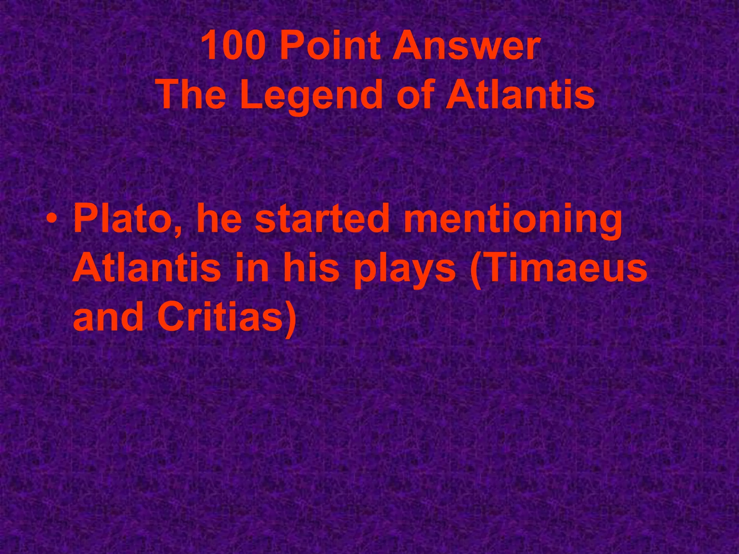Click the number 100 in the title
(x=232, y=46)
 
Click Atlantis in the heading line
(x=520, y=94)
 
